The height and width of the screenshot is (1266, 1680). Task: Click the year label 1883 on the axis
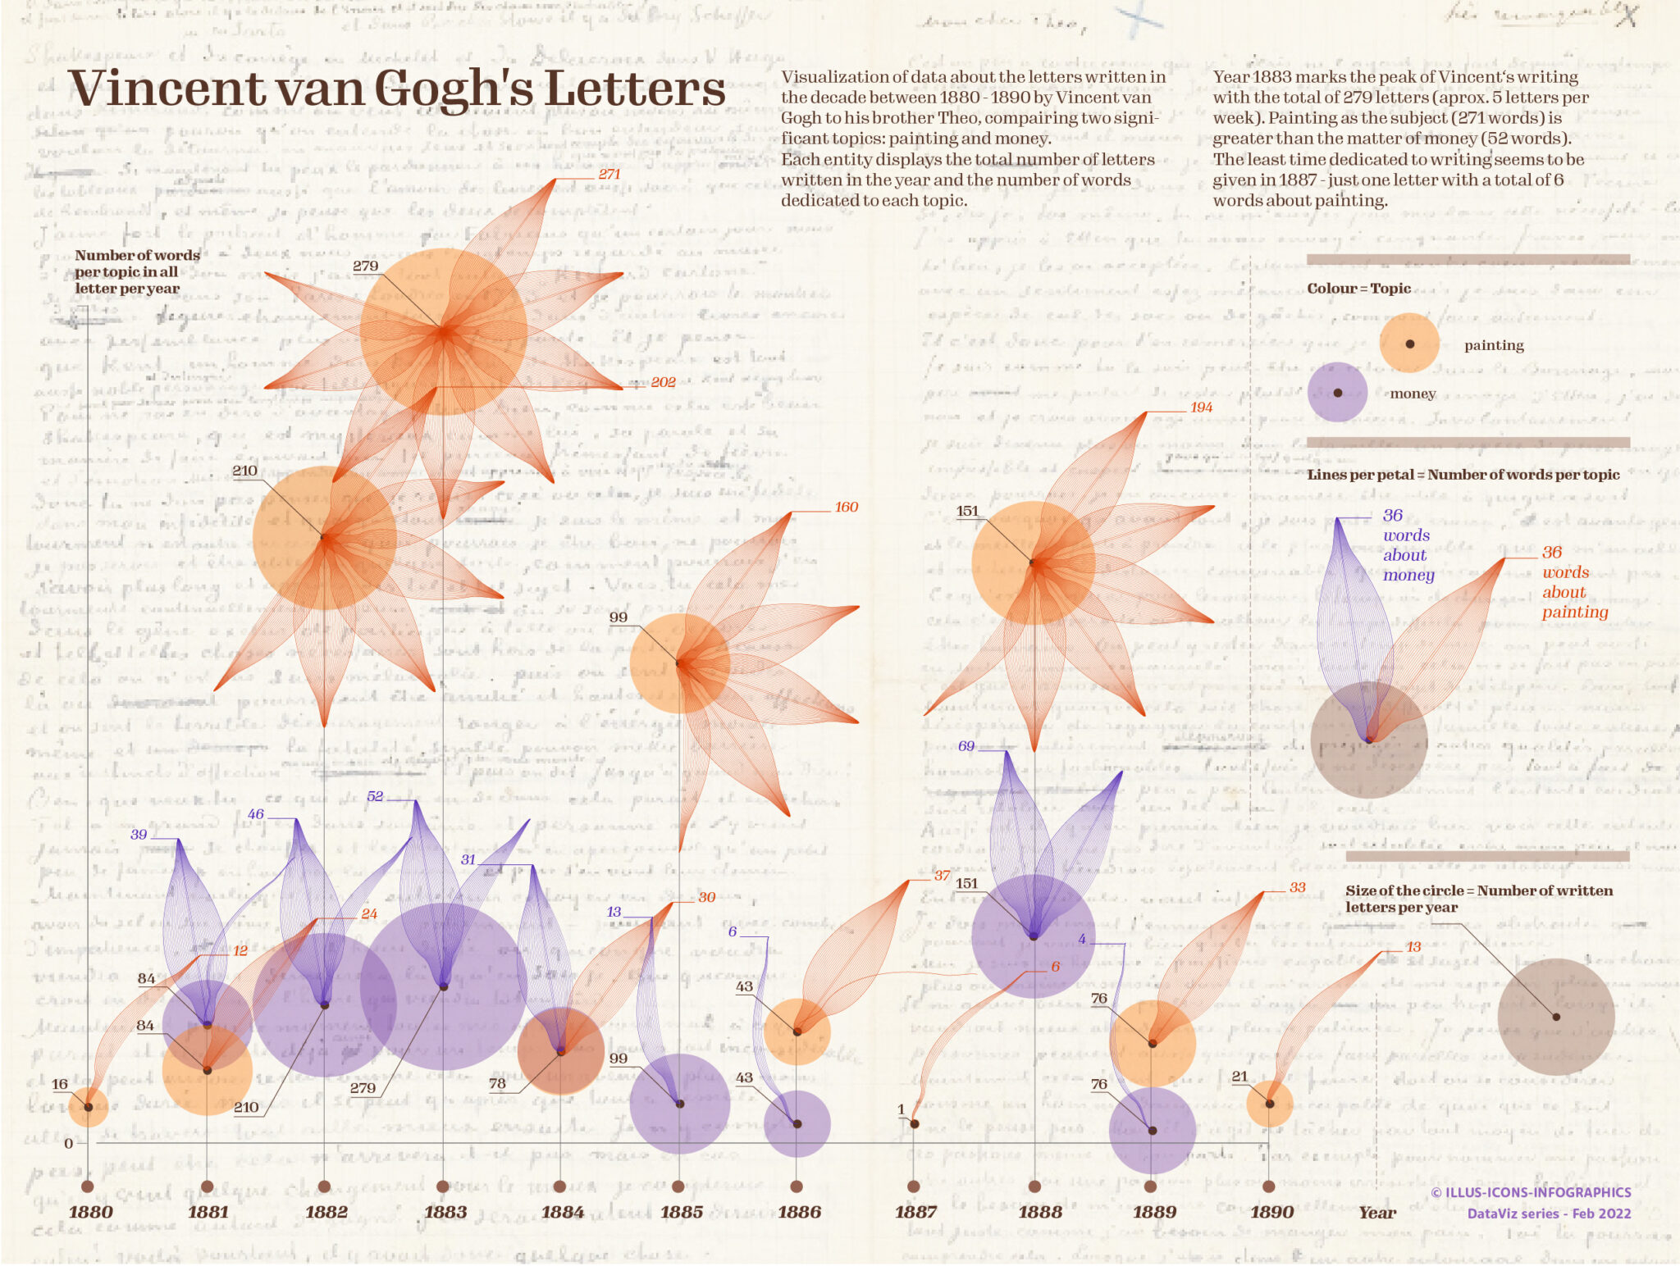click(x=445, y=1212)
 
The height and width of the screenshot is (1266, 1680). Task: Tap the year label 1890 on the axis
click(x=1271, y=1212)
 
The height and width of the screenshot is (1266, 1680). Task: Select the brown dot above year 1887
click(x=914, y=1186)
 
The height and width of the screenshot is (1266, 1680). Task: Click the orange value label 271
click(x=609, y=174)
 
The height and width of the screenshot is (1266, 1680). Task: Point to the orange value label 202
click(x=663, y=382)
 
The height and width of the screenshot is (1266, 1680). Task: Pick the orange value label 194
click(x=1201, y=408)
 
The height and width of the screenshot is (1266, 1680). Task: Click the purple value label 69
click(x=966, y=746)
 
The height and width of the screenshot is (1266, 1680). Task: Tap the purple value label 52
click(x=375, y=796)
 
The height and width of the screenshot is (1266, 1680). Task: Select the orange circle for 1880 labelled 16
click(x=89, y=1107)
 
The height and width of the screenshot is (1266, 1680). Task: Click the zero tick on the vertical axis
click(x=69, y=1143)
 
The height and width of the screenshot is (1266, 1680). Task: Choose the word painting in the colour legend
click(x=1494, y=345)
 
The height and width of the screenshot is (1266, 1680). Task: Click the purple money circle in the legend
click(x=1337, y=393)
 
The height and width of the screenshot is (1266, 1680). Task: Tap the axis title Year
click(x=1376, y=1213)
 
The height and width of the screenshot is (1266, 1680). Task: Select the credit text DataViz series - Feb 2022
click(x=1549, y=1214)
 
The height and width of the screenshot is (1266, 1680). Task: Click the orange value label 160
click(x=846, y=507)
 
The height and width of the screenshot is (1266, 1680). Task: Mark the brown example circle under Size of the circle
click(x=1555, y=1017)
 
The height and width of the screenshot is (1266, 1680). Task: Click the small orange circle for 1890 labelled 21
click(x=1269, y=1104)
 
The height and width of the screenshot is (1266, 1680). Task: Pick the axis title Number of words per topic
click(x=137, y=271)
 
